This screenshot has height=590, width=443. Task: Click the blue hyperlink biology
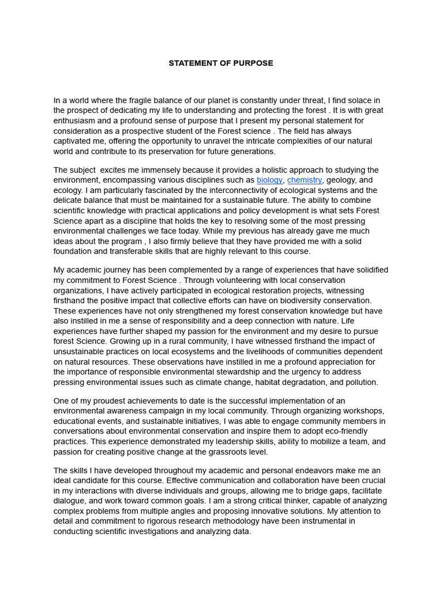click(x=269, y=180)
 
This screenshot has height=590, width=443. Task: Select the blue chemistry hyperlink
click(x=305, y=180)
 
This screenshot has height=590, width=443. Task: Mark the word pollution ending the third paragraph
click(x=361, y=382)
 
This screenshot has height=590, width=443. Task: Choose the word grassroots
click(x=225, y=452)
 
